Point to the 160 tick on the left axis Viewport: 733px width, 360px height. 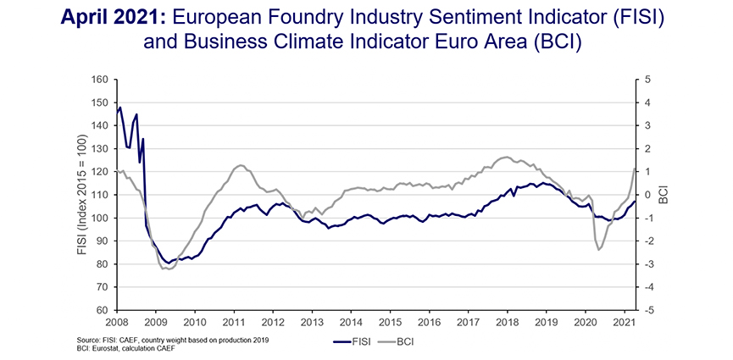pyautogui.click(x=102, y=80)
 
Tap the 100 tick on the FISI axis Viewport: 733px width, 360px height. pyautogui.click(x=102, y=218)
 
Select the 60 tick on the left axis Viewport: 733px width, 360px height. pyautogui.click(x=104, y=310)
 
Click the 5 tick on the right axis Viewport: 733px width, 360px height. pyautogui.click(x=647, y=80)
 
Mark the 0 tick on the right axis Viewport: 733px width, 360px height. pyautogui.click(x=647, y=195)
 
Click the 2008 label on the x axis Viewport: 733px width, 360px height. pyautogui.click(x=117, y=323)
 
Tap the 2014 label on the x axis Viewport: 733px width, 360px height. pyautogui.click(x=351, y=323)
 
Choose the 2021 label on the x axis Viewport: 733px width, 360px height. pyautogui.click(x=624, y=323)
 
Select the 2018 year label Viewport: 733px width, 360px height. pyautogui.click(x=507, y=323)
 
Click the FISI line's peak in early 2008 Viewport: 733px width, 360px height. pyautogui.click(x=120, y=108)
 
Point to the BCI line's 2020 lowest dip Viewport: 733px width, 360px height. pyautogui.click(x=598, y=249)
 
